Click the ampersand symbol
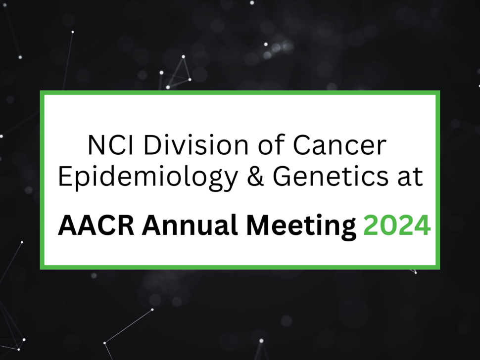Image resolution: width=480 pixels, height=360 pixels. (x=254, y=177)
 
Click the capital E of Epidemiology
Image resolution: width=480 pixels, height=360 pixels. (x=65, y=177)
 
